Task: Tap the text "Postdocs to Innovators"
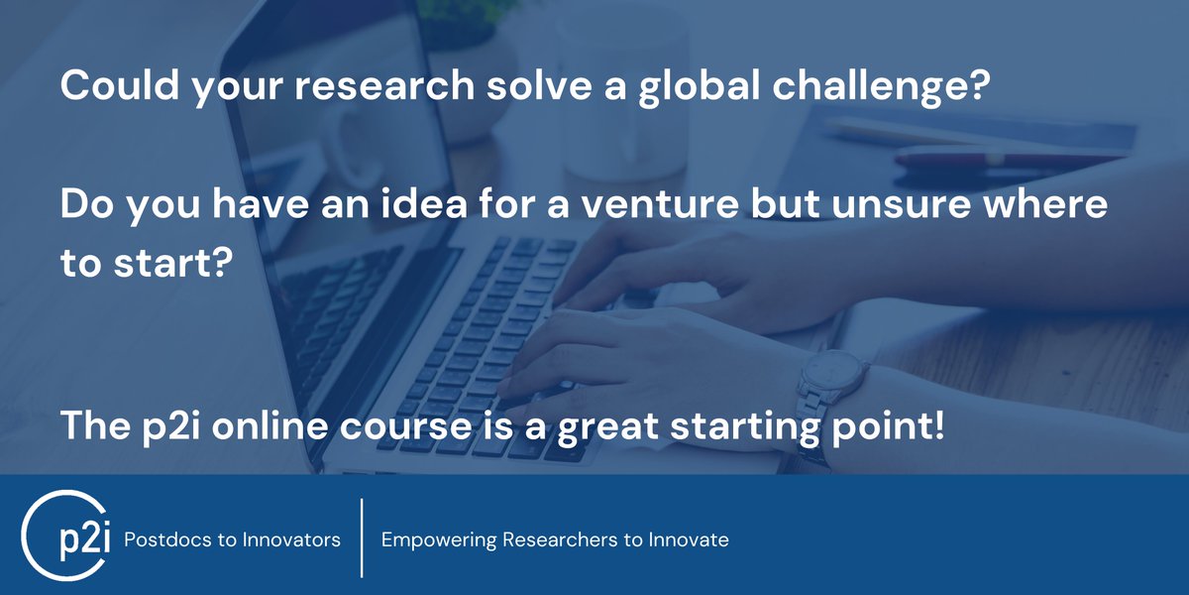click(x=232, y=540)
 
